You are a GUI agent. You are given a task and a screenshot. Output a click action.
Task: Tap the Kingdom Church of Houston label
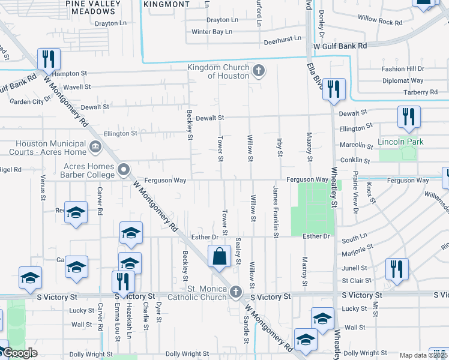218,71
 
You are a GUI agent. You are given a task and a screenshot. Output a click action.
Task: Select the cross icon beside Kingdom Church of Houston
259,71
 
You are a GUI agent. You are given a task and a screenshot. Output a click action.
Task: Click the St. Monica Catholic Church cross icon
237,292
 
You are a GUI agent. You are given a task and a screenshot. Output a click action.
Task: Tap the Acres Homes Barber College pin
124,170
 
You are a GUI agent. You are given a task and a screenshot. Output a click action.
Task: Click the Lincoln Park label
400,142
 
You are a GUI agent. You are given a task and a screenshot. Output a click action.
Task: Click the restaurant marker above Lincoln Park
408,117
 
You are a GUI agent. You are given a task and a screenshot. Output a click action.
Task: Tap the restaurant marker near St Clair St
397,269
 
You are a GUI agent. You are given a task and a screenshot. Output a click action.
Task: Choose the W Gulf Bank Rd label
340,46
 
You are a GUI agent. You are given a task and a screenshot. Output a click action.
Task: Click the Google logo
19,353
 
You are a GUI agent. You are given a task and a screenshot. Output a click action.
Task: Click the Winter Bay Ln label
211,31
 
